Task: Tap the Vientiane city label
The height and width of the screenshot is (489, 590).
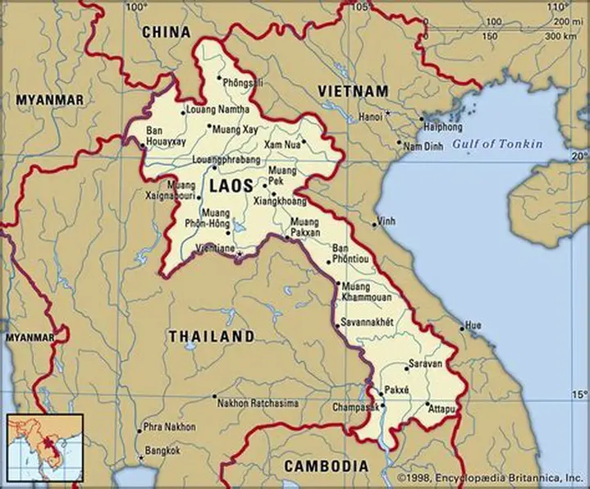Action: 215,248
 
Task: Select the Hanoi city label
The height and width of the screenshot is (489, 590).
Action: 370,117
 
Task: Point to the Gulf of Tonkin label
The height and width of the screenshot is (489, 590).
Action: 498,144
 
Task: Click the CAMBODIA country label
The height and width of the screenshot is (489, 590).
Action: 326,466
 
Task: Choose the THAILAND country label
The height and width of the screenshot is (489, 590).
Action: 211,336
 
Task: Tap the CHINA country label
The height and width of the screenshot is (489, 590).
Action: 166,32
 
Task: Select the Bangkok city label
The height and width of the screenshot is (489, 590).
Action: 161,450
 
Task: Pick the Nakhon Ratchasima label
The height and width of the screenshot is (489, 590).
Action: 258,403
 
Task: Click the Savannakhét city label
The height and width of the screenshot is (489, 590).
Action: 368,321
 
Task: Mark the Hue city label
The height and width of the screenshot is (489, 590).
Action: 473,326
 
